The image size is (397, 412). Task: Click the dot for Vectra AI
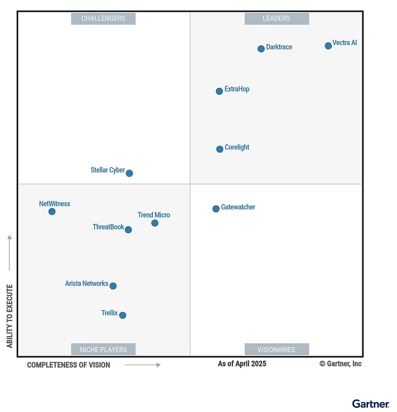(328, 46)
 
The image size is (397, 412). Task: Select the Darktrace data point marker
(261, 49)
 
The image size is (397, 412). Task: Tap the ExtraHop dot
(219, 91)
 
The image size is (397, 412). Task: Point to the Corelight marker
(220, 149)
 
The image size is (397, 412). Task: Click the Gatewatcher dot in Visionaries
(216, 209)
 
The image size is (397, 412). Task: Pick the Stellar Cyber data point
(129, 173)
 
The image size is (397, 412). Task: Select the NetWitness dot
(52, 211)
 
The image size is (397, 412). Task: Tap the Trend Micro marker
(155, 223)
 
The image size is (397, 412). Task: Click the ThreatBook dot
(128, 230)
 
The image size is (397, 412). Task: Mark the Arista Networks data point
(113, 286)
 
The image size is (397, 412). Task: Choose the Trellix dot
(123, 315)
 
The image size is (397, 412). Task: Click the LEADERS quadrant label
(277, 19)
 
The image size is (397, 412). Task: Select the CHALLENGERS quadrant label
(103, 19)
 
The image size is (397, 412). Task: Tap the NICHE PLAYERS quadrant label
(103, 349)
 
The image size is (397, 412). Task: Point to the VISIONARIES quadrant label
(277, 349)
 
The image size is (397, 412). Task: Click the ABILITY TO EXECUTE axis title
(10, 315)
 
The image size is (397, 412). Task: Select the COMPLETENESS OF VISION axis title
(69, 365)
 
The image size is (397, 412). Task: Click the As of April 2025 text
(242, 364)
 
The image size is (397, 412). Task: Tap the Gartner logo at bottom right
(370, 403)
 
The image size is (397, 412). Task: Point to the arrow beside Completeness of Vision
(143, 365)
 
